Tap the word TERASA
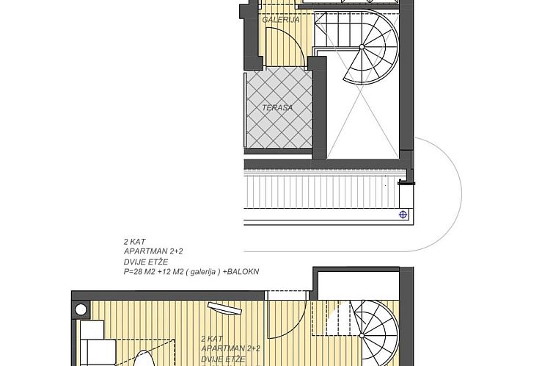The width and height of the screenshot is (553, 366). [x=277, y=107]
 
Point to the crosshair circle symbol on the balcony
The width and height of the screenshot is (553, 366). [x=403, y=215]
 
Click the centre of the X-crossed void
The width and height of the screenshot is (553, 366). [x=363, y=121]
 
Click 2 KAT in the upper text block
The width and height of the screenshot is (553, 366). [x=133, y=241]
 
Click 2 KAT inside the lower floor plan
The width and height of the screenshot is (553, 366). [x=211, y=339]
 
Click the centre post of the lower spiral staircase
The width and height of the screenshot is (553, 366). [x=380, y=332]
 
